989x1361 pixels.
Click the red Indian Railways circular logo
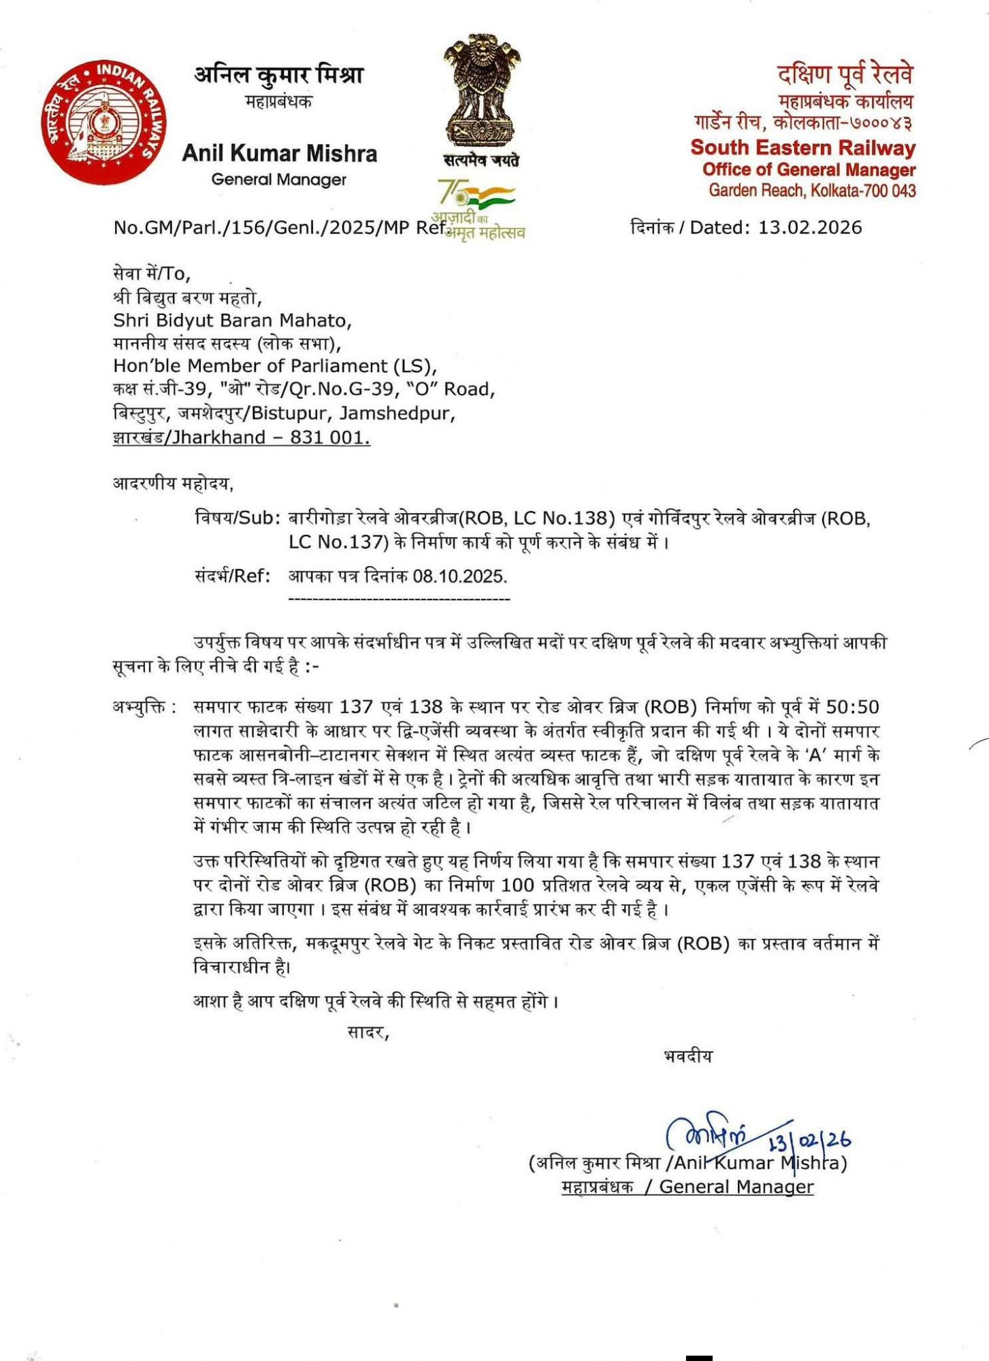coord(105,122)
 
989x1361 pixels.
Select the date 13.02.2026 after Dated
coord(810,227)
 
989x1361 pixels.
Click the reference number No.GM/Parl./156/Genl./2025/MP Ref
coord(279,227)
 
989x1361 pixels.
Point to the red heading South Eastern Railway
coord(803,148)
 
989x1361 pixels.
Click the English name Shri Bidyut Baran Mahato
coord(232,320)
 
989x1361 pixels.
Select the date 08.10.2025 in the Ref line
coord(460,576)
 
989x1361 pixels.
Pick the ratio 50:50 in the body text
coord(852,707)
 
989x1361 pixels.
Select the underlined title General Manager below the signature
coord(736,1187)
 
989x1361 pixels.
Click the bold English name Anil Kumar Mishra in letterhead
coord(279,154)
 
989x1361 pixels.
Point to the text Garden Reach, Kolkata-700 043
coord(812,191)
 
